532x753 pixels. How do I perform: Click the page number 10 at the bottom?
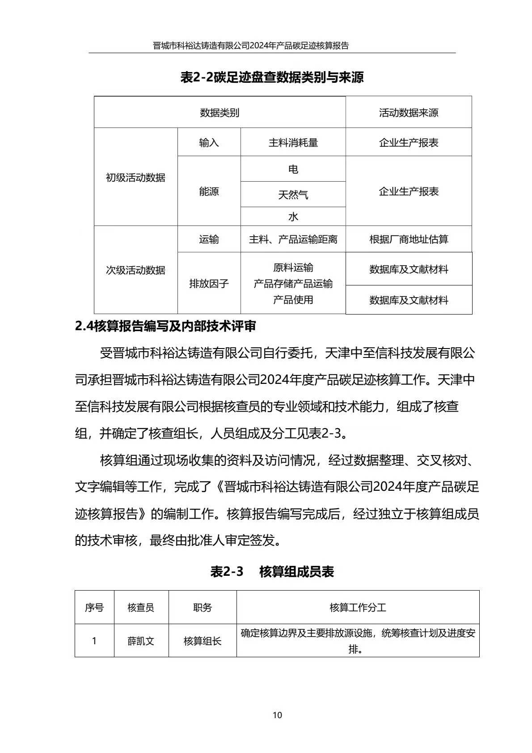(x=277, y=715)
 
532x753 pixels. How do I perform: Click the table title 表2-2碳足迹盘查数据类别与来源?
(x=272, y=77)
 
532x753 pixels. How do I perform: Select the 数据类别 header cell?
(x=220, y=112)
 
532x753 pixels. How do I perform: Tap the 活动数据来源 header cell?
(x=409, y=112)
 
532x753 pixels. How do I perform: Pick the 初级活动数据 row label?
(x=135, y=178)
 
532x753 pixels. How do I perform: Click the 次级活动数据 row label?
(x=135, y=270)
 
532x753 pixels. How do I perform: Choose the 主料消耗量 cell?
(x=293, y=143)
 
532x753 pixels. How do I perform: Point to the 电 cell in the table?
(x=293, y=169)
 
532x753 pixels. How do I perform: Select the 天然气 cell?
(x=293, y=195)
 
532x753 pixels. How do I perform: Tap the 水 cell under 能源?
(x=293, y=217)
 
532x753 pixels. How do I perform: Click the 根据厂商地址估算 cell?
(x=409, y=239)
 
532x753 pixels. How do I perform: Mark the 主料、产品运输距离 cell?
(x=293, y=239)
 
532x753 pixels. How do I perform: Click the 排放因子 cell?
(x=209, y=284)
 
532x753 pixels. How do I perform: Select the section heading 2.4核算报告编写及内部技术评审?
(x=165, y=327)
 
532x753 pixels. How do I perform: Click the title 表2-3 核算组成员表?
(x=272, y=572)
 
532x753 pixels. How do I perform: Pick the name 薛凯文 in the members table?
(x=141, y=641)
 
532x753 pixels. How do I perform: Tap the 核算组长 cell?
(x=203, y=641)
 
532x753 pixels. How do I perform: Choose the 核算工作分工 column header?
(x=358, y=608)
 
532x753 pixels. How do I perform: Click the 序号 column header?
(x=94, y=608)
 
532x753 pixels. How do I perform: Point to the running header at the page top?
(x=250, y=46)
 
